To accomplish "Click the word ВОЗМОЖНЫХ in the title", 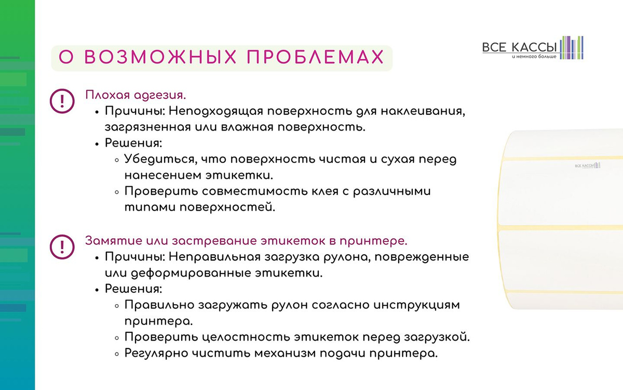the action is tap(160, 57).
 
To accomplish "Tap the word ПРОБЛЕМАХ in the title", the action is tap(316, 57).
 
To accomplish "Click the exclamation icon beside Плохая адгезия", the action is tap(62, 101).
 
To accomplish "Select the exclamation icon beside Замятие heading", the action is tap(62, 247).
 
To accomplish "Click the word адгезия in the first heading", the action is tap(160, 95).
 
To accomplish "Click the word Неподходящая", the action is tap(216, 111).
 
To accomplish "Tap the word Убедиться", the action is tap(161, 159).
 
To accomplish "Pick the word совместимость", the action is tap(255, 191).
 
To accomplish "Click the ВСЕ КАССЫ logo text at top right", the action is tap(519, 47).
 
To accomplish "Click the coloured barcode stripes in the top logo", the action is tap(572, 48).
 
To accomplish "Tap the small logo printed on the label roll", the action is tap(587, 165).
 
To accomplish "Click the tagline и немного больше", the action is tap(534, 57).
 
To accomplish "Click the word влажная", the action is tap(247, 127).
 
